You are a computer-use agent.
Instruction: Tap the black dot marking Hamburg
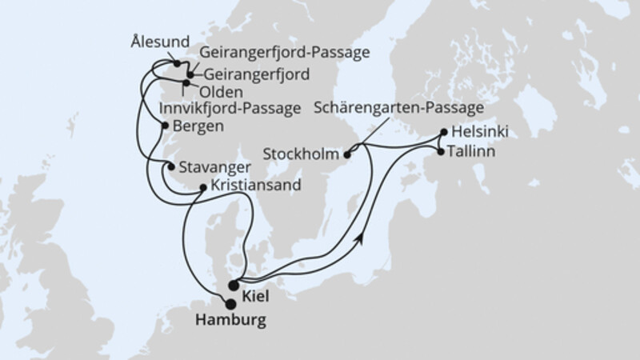tap(231, 303)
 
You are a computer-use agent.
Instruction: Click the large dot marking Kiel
tap(234, 285)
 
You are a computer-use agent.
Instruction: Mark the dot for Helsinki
tap(446, 133)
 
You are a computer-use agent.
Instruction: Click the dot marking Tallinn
tap(440, 150)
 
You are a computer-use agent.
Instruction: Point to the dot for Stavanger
tap(170, 166)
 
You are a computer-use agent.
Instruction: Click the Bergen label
tap(195, 126)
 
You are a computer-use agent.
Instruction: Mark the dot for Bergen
tap(164, 126)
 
